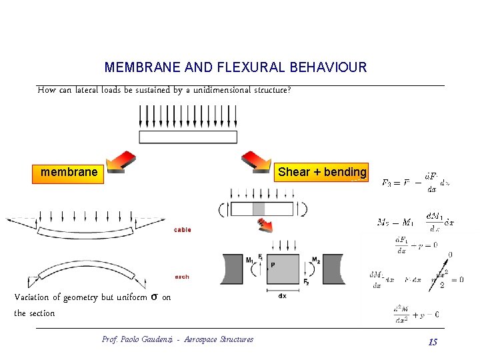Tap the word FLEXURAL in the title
(x=222, y=67)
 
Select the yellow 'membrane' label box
(x=69, y=173)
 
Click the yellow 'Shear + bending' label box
(x=322, y=172)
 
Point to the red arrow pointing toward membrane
(x=120, y=162)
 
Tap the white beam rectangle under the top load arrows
(x=187, y=137)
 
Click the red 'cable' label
(x=182, y=230)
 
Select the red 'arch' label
(x=181, y=277)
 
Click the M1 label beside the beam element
(x=249, y=260)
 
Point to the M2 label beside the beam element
(x=316, y=260)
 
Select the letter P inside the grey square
(x=273, y=265)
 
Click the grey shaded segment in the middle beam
(x=259, y=209)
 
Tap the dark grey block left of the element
(x=232, y=269)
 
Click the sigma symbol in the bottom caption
(x=154, y=297)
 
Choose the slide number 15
(x=433, y=342)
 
